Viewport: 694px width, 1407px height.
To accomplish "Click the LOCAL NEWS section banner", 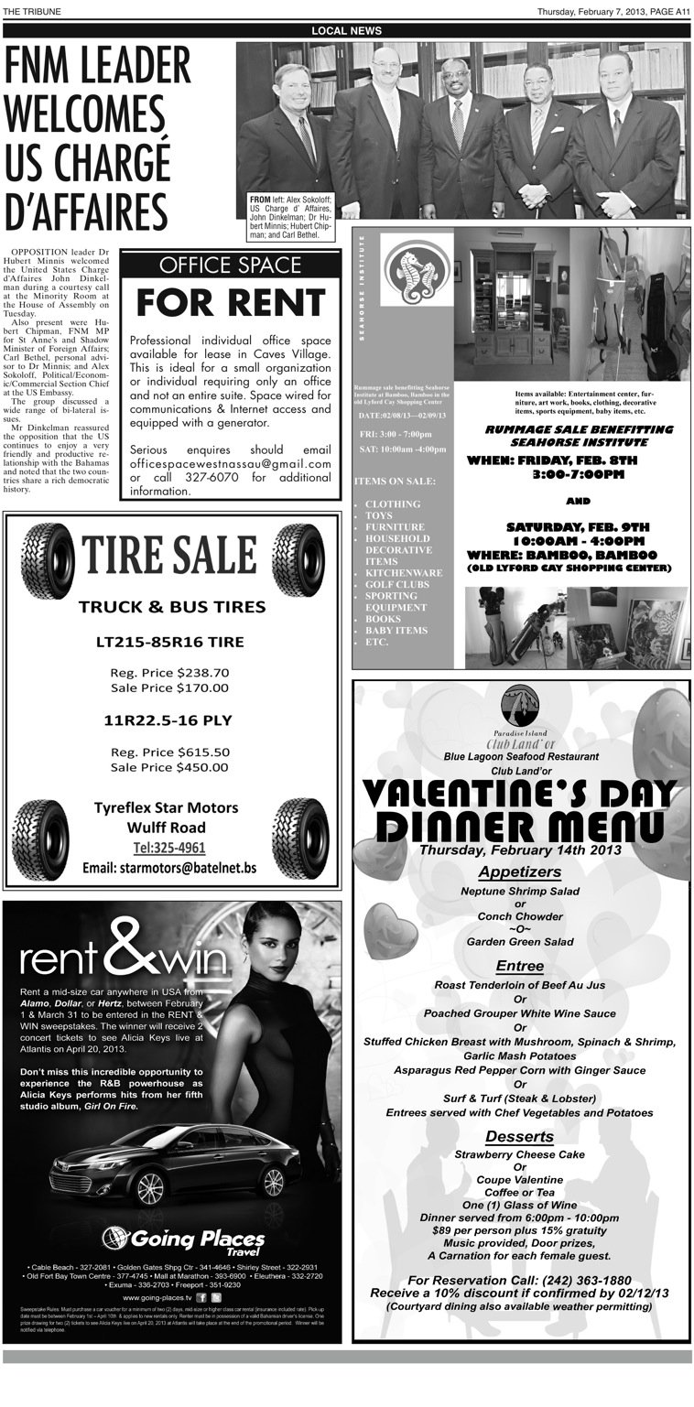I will pos(346,30).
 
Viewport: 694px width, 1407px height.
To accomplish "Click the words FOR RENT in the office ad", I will pos(230,302).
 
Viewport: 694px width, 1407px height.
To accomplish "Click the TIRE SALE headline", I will pos(171,554).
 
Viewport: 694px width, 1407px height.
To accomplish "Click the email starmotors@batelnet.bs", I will pos(169,868).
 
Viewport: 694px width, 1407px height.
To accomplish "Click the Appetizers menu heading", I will pos(519,871).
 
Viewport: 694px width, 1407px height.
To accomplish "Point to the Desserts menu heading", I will pos(519,1136).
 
